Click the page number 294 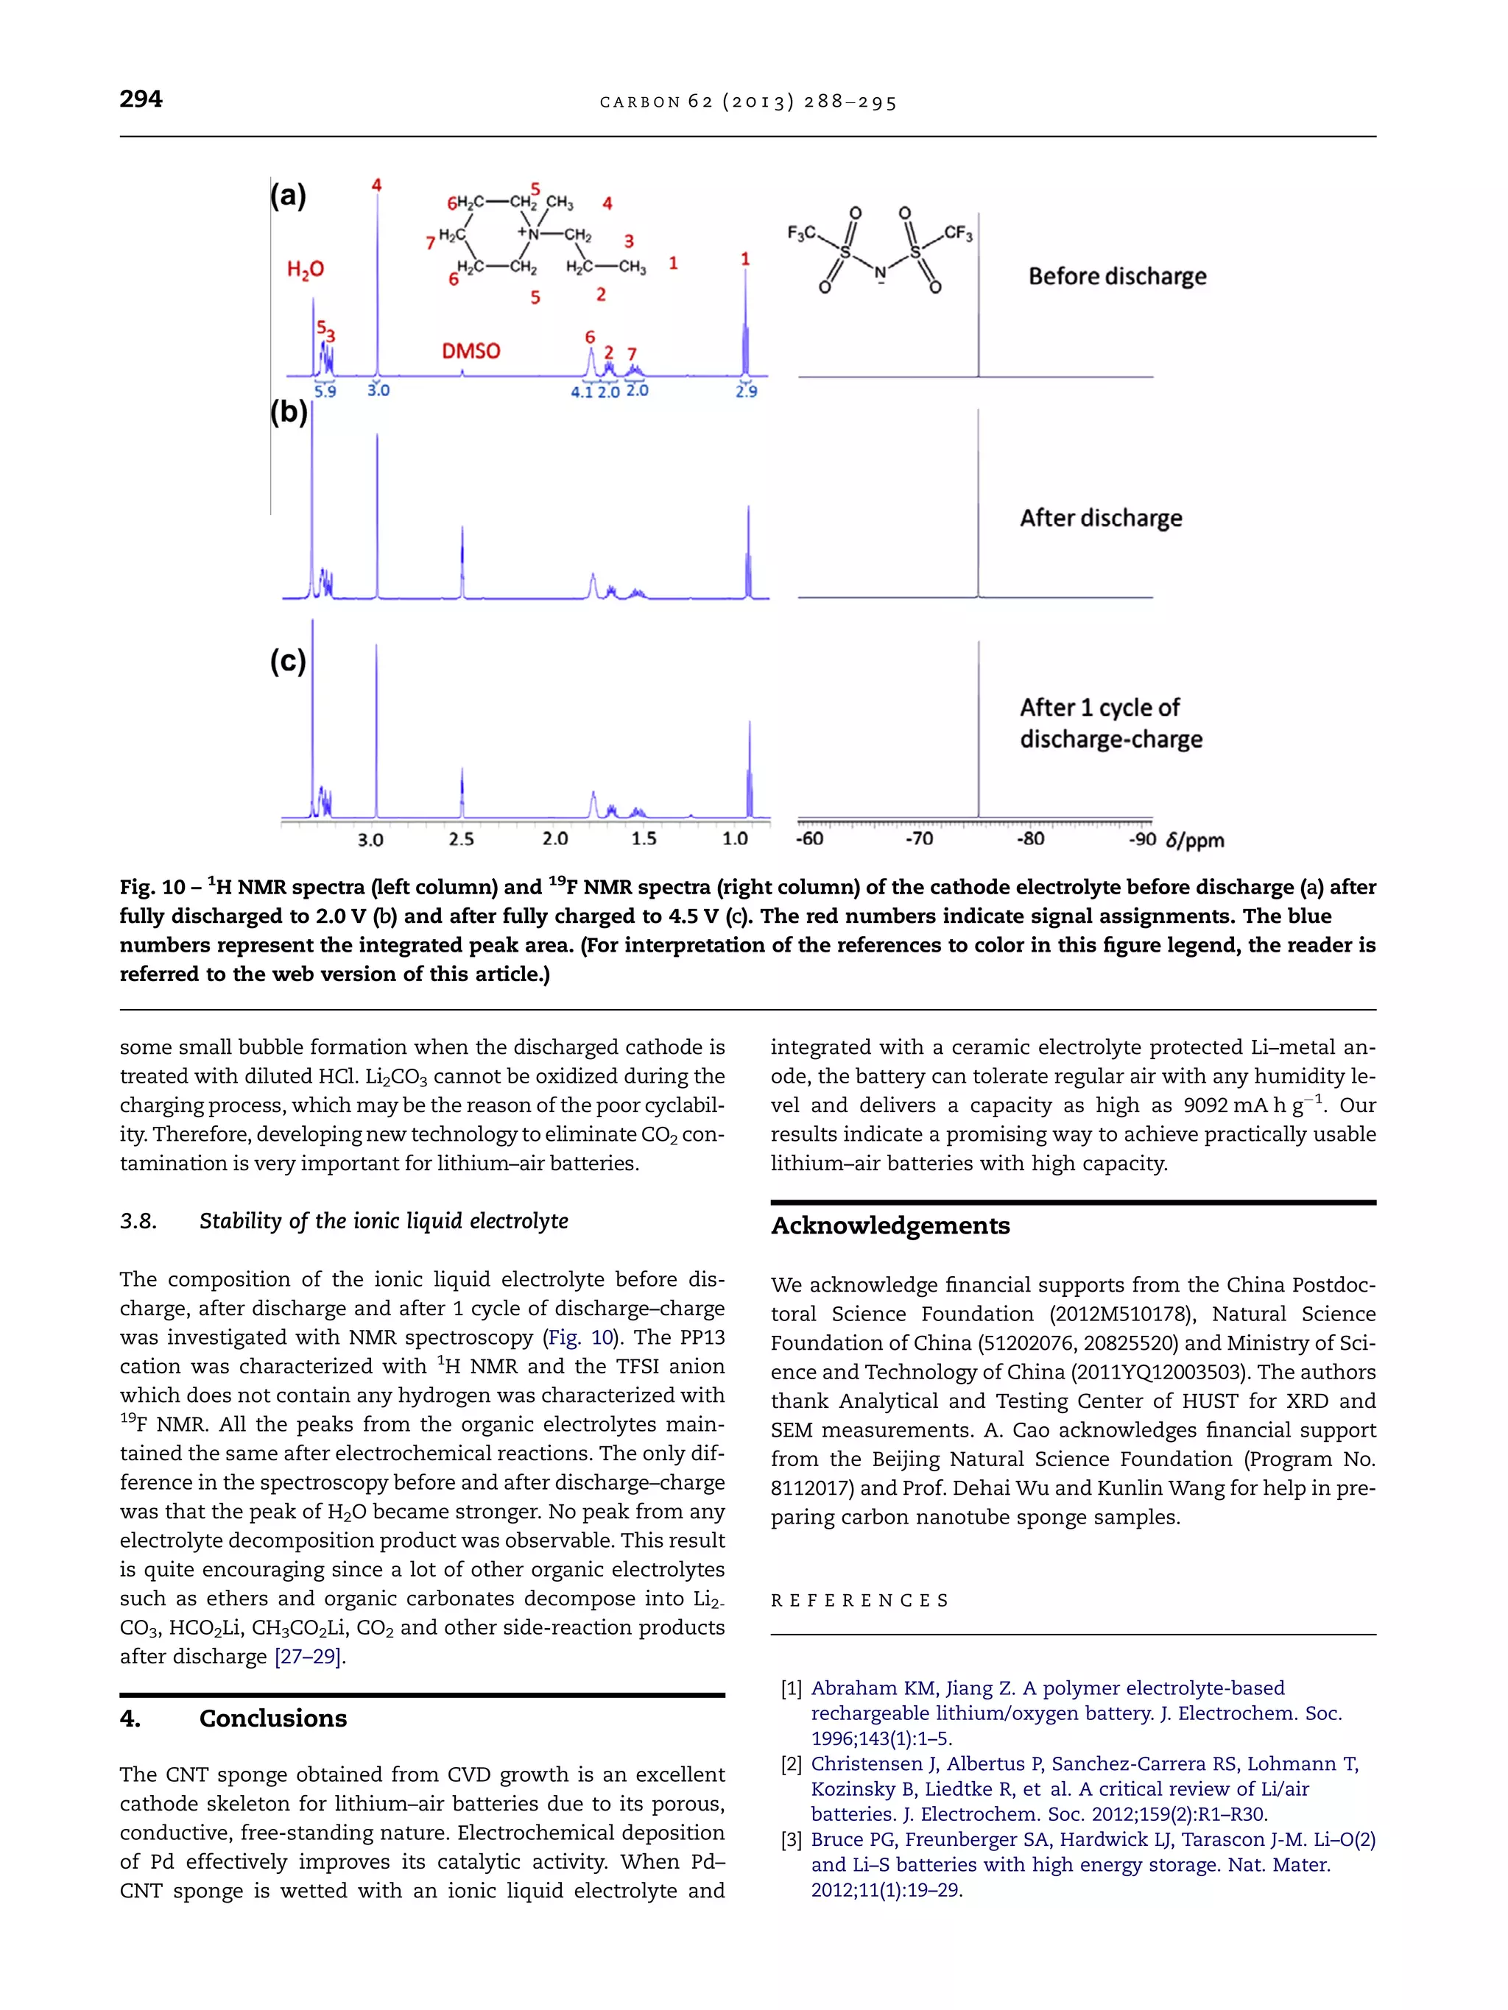point(141,99)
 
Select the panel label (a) point(288,195)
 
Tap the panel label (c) point(288,661)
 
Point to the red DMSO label point(471,351)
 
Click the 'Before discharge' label point(1117,276)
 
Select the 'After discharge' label point(1101,518)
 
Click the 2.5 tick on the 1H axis point(462,840)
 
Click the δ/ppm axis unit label point(1194,841)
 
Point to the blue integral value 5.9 point(325,392)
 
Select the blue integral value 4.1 point(582,392)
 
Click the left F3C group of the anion point(801,233)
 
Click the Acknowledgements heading point(890,1226)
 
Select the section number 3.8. point(138,1221)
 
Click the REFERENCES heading point(859,1600)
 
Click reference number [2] point(791,1763)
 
